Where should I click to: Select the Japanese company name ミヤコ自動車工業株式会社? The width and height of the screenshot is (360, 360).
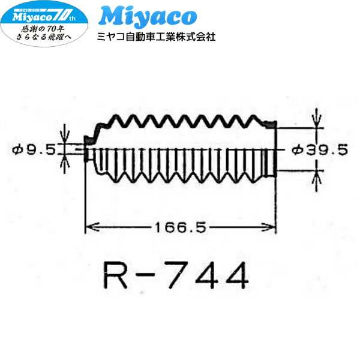(156, 37)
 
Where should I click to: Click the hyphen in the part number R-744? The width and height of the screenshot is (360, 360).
(147, 277)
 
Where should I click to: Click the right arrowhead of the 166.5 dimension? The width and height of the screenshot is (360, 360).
(272, 227)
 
